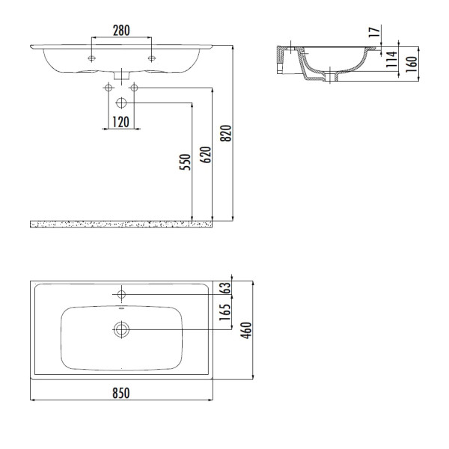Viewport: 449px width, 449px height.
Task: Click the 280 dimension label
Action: [121, 31]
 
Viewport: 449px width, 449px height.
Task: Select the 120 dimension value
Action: [121, 121]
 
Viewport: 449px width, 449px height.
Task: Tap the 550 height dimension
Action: [185, 161]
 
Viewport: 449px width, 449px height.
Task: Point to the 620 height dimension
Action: [207, 153]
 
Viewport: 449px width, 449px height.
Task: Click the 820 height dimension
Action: [227, 132]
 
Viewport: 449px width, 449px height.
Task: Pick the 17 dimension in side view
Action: [373, 33]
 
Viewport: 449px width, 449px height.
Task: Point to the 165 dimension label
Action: [223, 311]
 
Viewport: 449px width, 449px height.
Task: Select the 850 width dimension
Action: [121, 392]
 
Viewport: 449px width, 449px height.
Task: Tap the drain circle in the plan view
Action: [121, 329]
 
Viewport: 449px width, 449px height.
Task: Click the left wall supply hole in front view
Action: [108, 88]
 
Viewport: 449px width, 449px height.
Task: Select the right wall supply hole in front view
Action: [135, 88]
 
